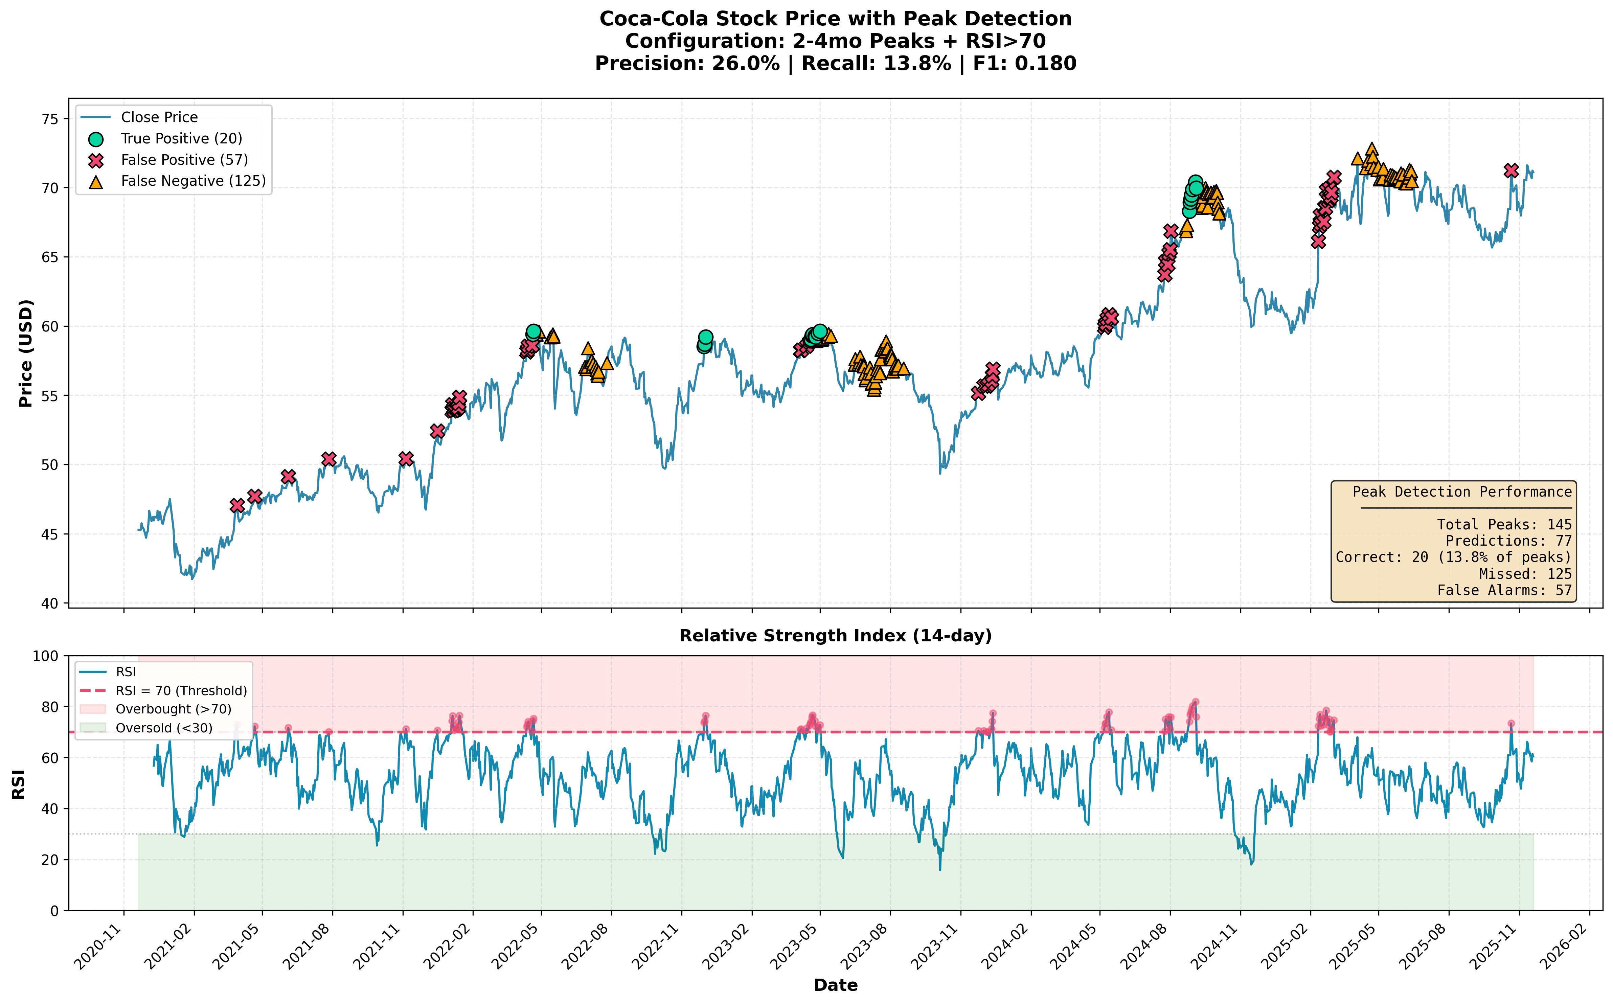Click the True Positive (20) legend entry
181,139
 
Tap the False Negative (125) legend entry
192,181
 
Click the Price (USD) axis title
25,353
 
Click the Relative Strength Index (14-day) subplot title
835,636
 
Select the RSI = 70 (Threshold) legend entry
181,690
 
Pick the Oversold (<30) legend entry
163,728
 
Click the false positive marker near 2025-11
1511,170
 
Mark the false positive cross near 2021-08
329,459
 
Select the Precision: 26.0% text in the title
687,64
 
